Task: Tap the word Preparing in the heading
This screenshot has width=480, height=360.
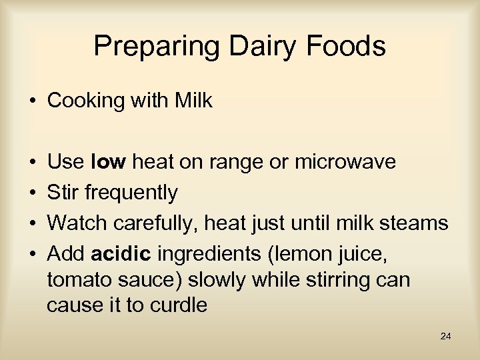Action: tap(155, 47)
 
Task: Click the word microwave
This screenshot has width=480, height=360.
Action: tap(345, 162)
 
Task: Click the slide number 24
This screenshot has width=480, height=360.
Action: tap(446, 337)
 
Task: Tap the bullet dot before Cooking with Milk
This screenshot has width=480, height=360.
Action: tap(32, 102)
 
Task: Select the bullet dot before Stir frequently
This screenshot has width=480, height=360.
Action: tap(32, 193)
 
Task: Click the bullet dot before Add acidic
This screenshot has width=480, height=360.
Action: tap(32, 255)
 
